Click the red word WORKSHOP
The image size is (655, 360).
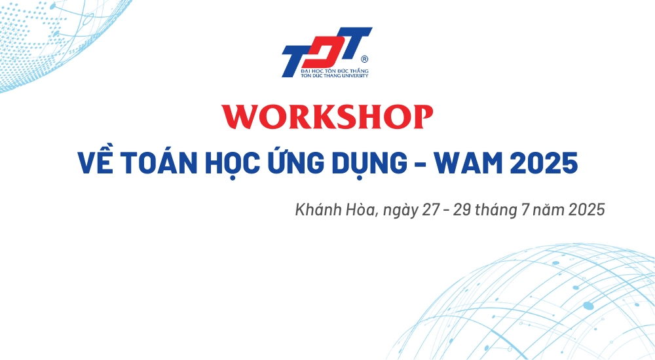[x=327, y=117]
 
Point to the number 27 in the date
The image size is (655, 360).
[x=431, y=209]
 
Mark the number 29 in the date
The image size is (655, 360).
[x=462, y=209]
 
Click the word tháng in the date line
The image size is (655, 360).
[x=496, y=211]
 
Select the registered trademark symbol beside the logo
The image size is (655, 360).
[x=364, y=60]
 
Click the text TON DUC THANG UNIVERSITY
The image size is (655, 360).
[x=335, y=75]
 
